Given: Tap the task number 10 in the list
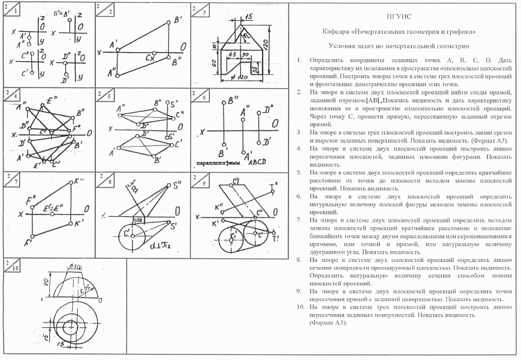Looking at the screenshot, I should (x=297, y=306).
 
